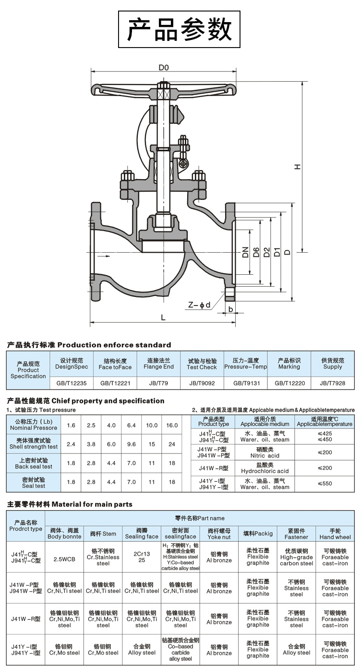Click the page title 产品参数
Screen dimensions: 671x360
point(180,30)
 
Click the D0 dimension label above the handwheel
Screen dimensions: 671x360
point(164,68)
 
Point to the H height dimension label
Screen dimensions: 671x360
point(298,166)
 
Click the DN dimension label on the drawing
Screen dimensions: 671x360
point(245,252)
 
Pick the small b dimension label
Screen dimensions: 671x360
point(231,309)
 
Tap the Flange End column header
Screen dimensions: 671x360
point(158,364)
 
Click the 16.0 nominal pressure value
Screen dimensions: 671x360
point(172,425)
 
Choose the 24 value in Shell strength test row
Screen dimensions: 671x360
point(172,444)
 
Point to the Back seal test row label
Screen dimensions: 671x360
point(34,463)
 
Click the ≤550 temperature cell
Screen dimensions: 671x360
point(324,484)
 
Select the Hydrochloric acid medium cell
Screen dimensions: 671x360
point(264,468)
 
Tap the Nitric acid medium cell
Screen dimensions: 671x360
point(264,452)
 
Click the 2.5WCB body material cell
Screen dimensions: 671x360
point(64,560)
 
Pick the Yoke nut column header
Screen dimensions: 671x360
point(219,534)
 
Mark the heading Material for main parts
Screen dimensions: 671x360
point(70,504)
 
